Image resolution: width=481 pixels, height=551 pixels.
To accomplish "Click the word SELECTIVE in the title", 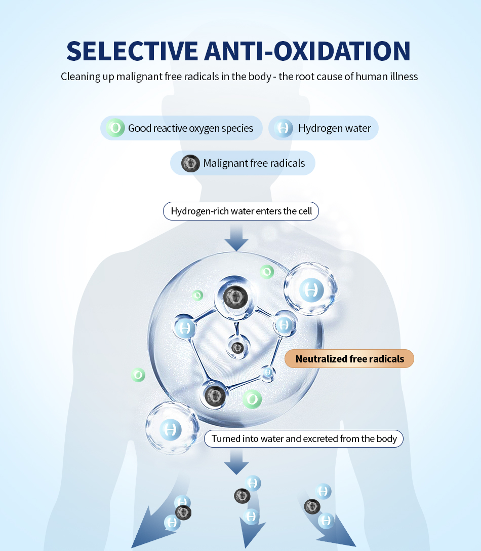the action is click(x=132, y=51).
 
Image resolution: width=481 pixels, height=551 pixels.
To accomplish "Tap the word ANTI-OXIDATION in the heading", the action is click(x=307, y=51).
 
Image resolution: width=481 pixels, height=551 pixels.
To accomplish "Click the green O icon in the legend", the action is click(x=115, y=128).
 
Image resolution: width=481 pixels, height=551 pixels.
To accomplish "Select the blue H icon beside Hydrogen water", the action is click(x=284, y=128).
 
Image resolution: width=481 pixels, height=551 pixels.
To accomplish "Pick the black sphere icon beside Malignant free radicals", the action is click(x=190, y=163).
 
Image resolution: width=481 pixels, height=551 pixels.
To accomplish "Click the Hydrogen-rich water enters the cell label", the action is click(x=241, y=211).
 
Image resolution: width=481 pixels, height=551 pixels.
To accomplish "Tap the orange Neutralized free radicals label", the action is click(x=349, y=359).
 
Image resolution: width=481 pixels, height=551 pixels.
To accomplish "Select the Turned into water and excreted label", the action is click(x=304, y=438).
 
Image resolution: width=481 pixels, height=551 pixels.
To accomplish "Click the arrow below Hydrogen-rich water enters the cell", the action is click(x=236, y=238).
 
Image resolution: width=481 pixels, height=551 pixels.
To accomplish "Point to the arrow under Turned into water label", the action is click(x=236, y=462).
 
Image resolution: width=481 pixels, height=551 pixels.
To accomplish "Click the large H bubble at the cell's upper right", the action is click(x=311, y=289).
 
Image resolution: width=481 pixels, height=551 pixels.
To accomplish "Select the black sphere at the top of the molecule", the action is click(x=235, y=297).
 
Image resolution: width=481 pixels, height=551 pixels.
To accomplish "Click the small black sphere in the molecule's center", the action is click(x=237, y=348).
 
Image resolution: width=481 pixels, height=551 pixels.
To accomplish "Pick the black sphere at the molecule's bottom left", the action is click(x=215, y=396).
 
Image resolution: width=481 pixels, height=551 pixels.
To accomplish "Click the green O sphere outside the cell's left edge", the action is click(x=138, y=375).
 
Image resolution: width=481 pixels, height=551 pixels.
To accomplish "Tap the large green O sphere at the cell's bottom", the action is click(x=252, y=399).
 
